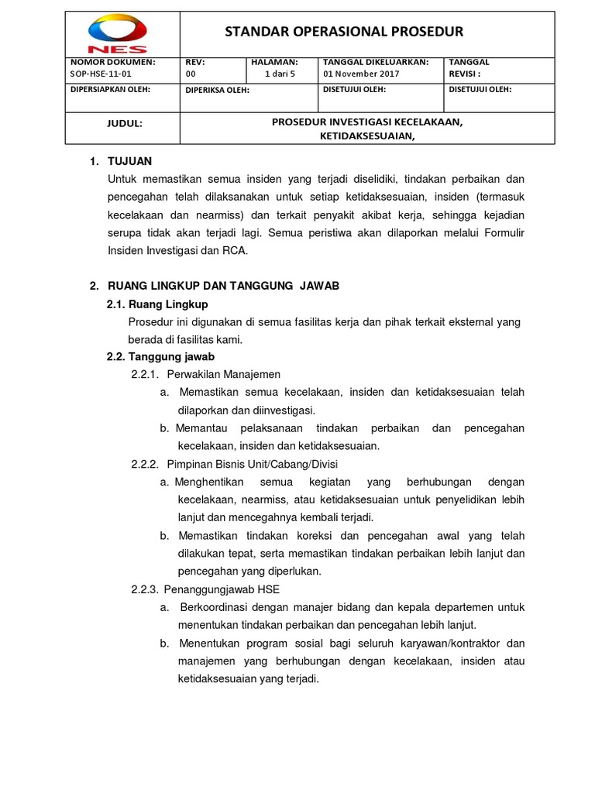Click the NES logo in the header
click(117, 33)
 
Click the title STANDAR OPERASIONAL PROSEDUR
click(344, 32)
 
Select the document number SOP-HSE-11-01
click(102, 74)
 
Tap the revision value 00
click(191, 74)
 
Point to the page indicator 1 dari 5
click(280, 74)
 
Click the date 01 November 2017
click(361, 74)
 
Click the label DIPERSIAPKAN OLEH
click(110, 89)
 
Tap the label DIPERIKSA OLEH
click(218, 90)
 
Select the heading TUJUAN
click(130, 161)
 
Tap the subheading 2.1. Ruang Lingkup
click(157, 304)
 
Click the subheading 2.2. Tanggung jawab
click(160, 356)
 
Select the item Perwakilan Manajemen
click(223, 374)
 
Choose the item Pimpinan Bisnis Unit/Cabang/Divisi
click(252, 464)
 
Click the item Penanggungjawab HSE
click(223, 589)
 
